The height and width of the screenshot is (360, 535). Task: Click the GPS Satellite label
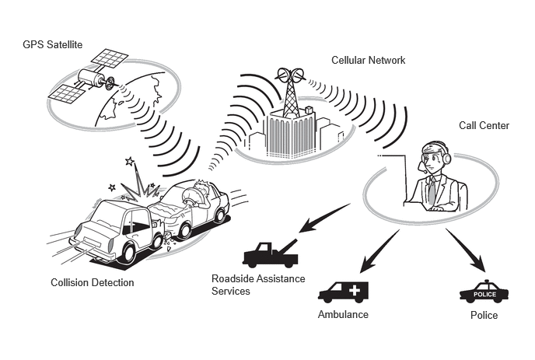click(53, 44)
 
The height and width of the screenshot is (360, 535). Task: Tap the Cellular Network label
click(368, 61)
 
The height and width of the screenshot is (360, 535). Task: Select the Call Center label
click(484, 126)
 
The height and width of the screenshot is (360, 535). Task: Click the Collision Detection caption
click(92, 282)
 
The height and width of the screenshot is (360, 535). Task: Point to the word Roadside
click(233, 278)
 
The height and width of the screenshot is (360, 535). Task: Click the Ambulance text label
click(343, 314)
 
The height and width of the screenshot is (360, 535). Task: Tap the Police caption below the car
click(484, 315)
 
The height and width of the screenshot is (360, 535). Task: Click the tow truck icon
click(271, 254)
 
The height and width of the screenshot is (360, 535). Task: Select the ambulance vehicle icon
click(343, 292)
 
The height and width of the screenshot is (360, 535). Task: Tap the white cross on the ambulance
click(355, 291)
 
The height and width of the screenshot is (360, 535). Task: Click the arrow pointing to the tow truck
click(324, 218)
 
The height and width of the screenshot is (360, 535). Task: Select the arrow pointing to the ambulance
click(379, 251)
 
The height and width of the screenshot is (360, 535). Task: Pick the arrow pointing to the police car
click(466, 250)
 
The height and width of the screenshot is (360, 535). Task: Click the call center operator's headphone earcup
click(447, 158)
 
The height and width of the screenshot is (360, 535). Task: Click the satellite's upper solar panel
click(110, 58)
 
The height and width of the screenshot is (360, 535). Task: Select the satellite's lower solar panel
click(66, 94)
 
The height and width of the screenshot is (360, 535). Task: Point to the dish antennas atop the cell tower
click(291, 75)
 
